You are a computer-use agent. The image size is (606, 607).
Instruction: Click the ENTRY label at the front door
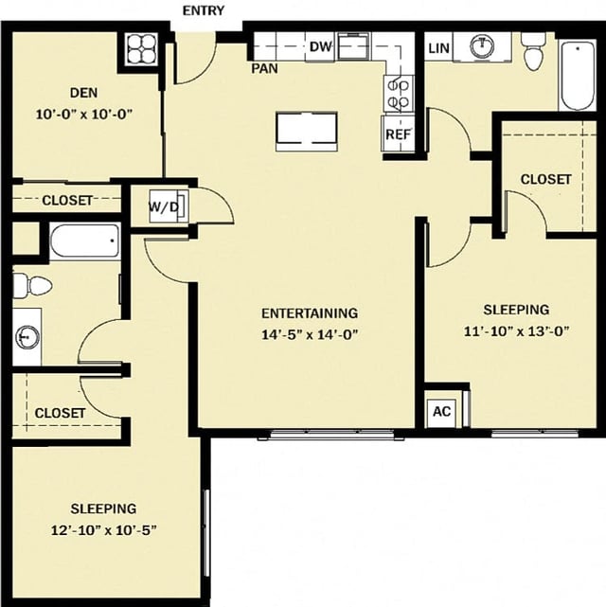[x=204, y=10]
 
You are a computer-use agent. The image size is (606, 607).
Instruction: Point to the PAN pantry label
[x=264, y=68]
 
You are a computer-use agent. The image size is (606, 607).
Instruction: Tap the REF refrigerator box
[x=397, y=134]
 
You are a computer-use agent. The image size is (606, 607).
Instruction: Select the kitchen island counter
[x=306, y=131]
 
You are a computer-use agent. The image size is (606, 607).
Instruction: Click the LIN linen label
[x=438, y=47]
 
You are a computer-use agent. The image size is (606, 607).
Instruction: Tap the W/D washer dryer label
[x=164, y=206]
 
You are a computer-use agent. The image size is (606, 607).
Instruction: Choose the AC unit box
[x=441, y=411]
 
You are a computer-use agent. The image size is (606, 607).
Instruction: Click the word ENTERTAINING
[x=309, y=312]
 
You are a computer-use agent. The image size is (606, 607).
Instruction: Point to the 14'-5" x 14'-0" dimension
[x=309, y=333]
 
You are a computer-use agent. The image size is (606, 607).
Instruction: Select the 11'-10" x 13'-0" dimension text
[x=516, y=330]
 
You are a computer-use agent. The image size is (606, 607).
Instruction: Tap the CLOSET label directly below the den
[x=67, y=200]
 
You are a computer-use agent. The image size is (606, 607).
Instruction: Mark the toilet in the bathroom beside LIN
[x=533, y=54]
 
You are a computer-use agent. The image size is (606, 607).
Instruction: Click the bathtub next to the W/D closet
[x=84, y=241]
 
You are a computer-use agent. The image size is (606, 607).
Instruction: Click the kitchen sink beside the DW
[x=354, y=45]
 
